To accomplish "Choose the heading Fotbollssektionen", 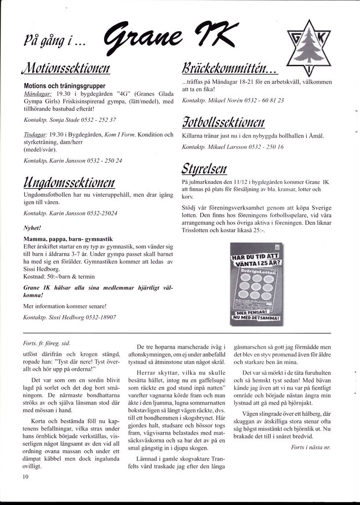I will click(x=223, y=120).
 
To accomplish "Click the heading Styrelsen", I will click(x=204, y=168).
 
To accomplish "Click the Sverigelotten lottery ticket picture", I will click(x=256, y=285).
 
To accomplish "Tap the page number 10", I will click(x=26, y=476).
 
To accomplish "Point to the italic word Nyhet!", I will click(x=32, y=228).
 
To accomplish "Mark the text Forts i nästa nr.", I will click(x=311, y=447).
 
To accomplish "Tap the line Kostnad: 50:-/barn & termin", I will click(x=59, y=277).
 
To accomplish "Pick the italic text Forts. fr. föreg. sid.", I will click(x=46, y=343).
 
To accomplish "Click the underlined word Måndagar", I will click(x=38, y=93).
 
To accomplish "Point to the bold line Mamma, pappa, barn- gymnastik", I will click(x=68, y=239).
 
